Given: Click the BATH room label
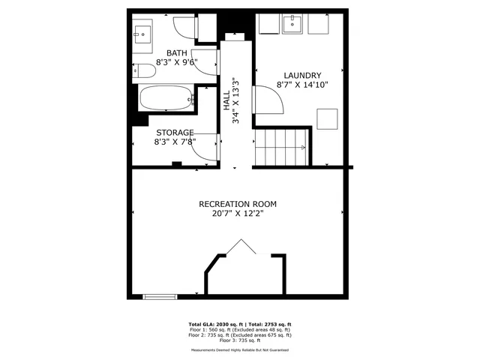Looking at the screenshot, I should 177,52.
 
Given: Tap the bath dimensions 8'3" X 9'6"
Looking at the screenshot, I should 177,62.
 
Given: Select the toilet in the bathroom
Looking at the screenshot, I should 145,71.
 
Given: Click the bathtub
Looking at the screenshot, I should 166,98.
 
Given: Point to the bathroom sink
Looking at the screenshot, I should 142,33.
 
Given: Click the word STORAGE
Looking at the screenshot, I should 174,132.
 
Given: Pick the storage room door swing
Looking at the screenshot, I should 205,145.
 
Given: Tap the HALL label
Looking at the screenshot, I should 226,101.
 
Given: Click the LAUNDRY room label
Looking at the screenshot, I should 303,75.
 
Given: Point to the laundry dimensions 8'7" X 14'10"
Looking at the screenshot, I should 303,85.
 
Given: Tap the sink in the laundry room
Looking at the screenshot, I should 292,25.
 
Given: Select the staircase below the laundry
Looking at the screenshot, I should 282,146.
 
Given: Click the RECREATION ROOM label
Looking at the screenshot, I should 238,204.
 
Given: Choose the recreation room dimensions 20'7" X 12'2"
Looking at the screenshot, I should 238,214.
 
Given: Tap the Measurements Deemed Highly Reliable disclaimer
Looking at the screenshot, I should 240,349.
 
